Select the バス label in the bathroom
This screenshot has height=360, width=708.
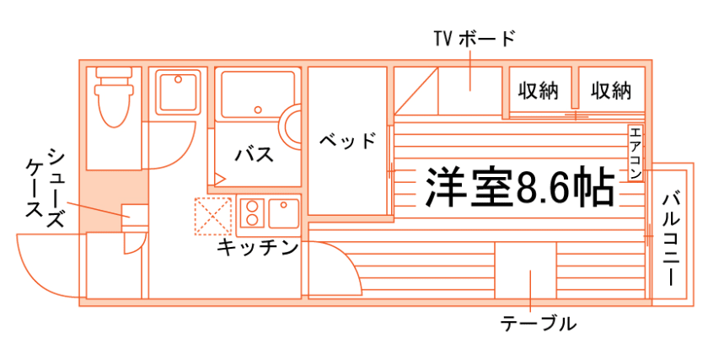253,154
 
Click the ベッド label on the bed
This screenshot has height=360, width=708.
347,140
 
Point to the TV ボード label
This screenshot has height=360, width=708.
472,39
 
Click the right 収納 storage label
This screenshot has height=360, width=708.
611,90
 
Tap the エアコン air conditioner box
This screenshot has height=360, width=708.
635,153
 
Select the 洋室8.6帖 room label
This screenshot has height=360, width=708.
518,188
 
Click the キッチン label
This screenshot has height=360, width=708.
258,248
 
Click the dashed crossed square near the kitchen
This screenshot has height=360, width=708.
212,214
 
